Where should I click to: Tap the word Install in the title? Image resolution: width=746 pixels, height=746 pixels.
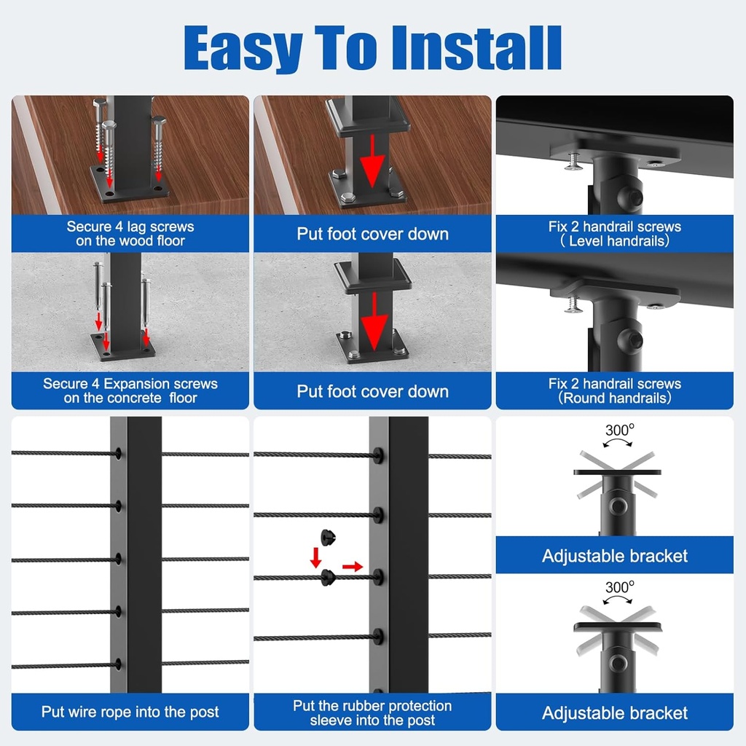point(476,48)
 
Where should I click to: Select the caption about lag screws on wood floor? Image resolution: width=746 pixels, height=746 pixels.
point(130,233)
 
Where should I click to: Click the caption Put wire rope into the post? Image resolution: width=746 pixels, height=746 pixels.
point(130,712)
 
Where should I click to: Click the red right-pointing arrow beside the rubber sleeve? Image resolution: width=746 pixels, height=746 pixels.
point(353,567)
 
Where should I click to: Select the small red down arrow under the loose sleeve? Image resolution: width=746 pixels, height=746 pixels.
point(315,558)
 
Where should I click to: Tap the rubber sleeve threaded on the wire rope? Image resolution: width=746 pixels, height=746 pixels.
point(327,578)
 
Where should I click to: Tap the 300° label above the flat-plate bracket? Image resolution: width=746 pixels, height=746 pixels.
point(619,430)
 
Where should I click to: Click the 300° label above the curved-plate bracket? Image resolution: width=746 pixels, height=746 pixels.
point(619,586)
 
